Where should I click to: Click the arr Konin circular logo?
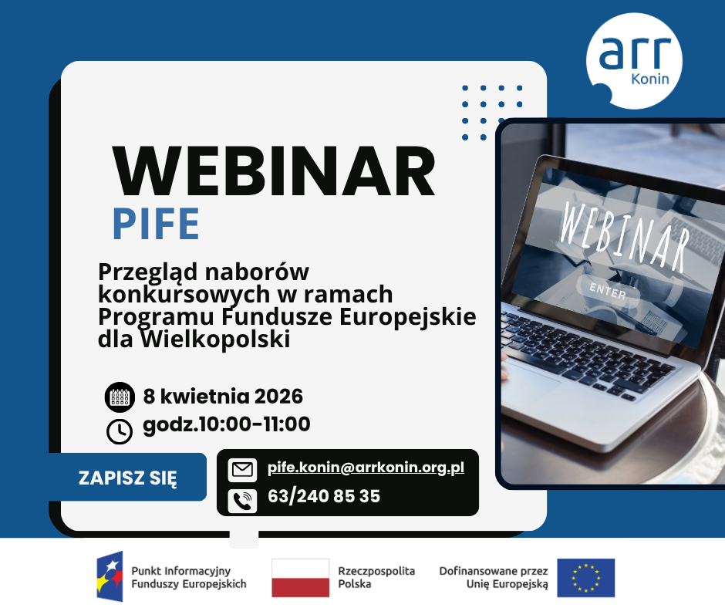pos(634,61)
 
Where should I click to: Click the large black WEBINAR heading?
pos(274,171)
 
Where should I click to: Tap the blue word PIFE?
pos(156,224)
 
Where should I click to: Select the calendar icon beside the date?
pos(120,397)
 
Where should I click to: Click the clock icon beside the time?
pos(120,431)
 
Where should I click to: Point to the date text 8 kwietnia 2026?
pos(223,397)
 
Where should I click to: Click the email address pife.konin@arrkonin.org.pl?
pos(366,468)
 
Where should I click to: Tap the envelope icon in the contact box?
pos(242,470)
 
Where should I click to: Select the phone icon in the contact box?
pos(242,501)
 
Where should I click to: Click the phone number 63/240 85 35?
pos(324,496)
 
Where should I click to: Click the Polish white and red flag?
pos(301,578)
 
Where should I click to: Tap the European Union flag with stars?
pos(586,578)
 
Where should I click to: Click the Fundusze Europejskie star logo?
pos(110,576)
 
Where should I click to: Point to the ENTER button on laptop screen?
pos(608,292)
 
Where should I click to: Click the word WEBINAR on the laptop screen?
pos(624,237)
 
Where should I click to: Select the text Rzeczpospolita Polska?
pos(376,577)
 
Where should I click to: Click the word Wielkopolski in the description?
pos(215,339)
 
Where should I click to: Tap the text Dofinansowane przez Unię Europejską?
pos(494,577)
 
